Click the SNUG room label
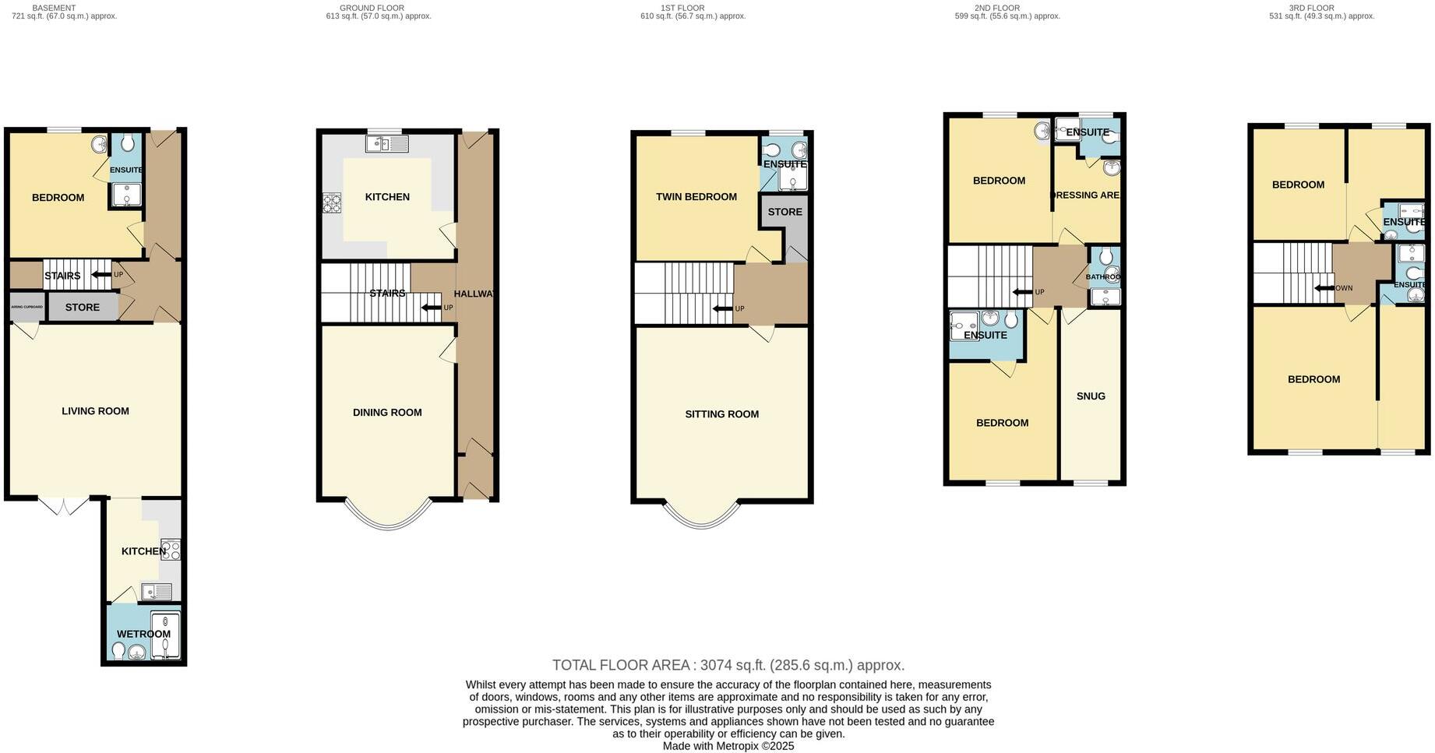[1091, 396]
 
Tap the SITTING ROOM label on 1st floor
[721, 414]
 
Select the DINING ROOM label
[387, 413]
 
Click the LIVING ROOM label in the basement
[95, 411]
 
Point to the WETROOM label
[143, 634]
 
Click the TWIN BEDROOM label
[696, 197]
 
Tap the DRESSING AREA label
[1086, 195]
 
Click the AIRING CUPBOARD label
[27, 307]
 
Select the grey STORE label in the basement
[82, 308]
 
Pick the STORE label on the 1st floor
[784, 212]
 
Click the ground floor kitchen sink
[387, 143]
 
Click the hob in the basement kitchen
[171, 550]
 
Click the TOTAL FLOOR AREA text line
[728, 665]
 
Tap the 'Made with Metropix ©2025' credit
[728, 746]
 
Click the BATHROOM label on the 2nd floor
[1103, 277]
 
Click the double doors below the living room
[64, 506]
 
